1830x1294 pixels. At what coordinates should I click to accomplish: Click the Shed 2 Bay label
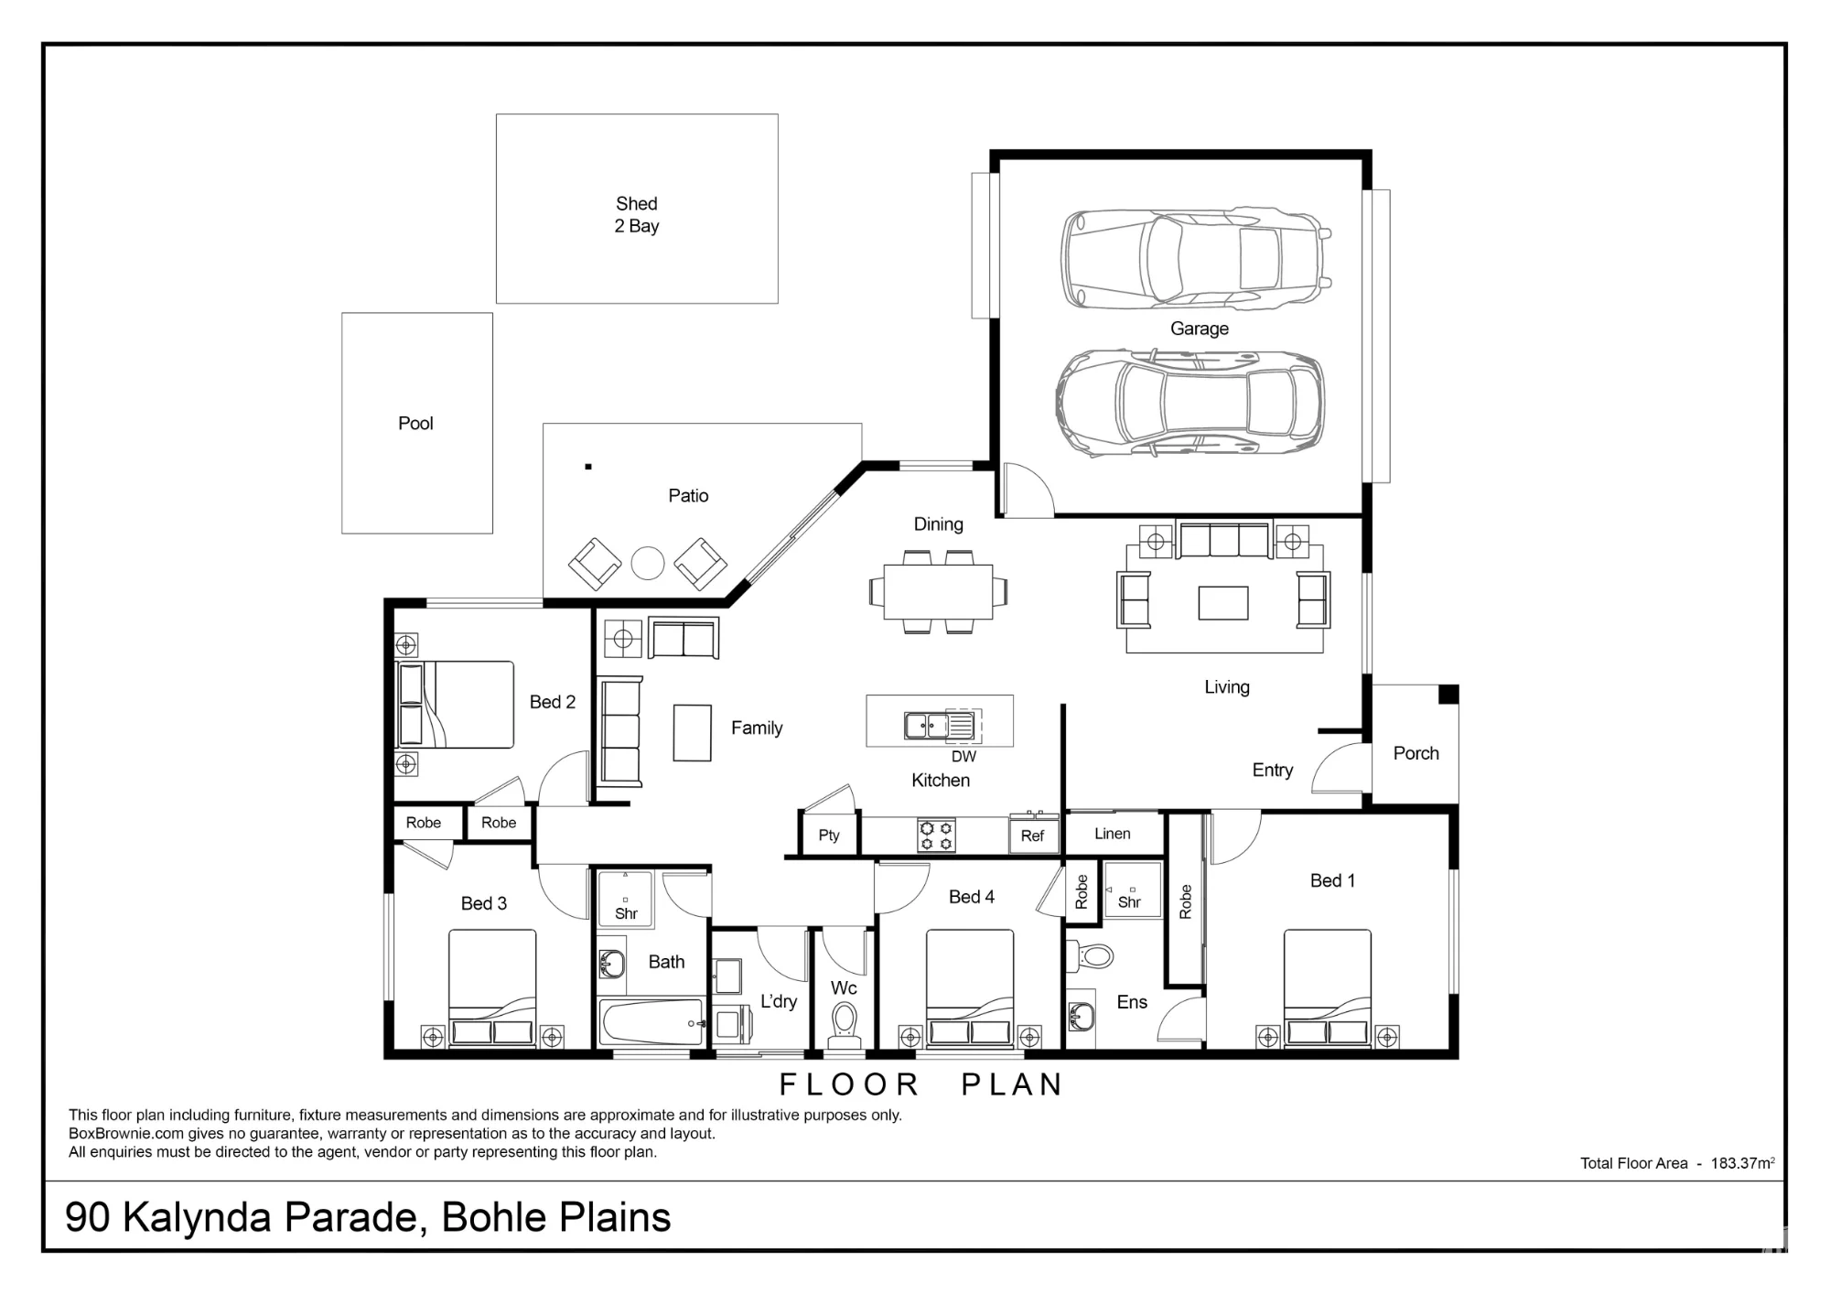(637, 215)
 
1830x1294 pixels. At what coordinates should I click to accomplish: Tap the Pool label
(415, 424)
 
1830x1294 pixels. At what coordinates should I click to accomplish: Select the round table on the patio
(648, 563)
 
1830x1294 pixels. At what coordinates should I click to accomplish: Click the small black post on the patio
(588, 467)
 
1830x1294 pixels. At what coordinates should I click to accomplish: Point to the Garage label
(1200, 329)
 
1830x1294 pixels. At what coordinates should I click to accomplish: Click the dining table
(938, 592)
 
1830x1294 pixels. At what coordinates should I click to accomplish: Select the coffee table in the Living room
(1223, 603)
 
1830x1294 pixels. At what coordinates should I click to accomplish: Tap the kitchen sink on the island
(939, 726)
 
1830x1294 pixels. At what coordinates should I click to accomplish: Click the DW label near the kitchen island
(963, 757)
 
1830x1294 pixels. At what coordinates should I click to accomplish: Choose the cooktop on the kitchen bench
(936, 836)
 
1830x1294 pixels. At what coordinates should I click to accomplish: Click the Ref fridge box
(1033, 835)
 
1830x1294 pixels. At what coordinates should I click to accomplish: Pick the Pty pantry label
(829, 836)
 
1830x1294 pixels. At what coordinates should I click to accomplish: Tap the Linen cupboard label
(1113, 834)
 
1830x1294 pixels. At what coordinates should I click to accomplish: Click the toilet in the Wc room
(844, 1023)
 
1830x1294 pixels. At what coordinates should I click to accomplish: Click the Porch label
(1416, 753)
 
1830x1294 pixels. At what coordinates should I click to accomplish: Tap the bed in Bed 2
(455, 705)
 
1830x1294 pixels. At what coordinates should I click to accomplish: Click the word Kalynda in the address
(197, 1218)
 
